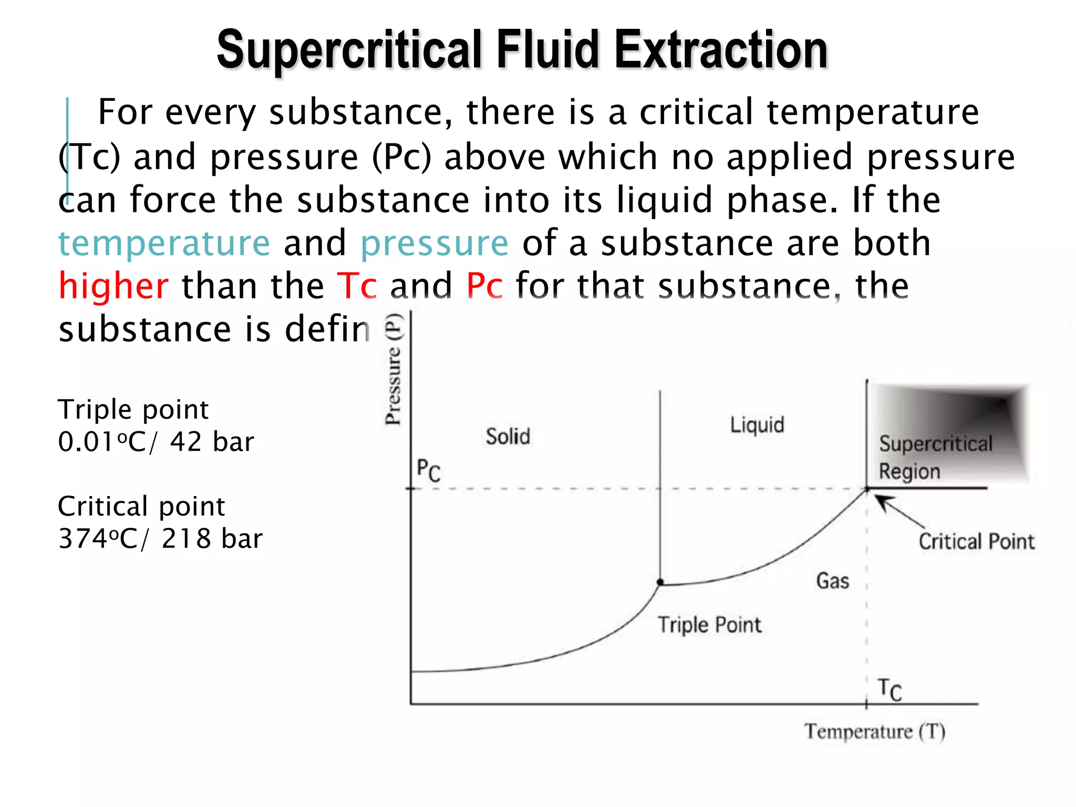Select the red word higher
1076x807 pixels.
(x=113, y=286)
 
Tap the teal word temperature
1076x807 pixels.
(x=164, y=243)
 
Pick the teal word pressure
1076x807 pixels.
(x=434, y=243)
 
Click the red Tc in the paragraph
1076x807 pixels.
(x=356, y=286)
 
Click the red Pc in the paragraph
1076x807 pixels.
(x=484, y=286)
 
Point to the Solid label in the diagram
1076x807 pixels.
(x=508, y=437)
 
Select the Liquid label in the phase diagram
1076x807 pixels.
(x=757, y=425)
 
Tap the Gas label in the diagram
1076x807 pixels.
(x=832, y=581)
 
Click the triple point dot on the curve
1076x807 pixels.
(x=660, y=582)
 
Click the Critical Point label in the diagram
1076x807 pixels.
(x=976, y=542)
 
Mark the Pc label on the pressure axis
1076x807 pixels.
(x=428, y=470)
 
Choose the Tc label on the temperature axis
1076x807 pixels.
(x=889, y=689)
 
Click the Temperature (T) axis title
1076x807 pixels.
(x=874, y=731)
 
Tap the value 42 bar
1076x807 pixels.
(x=212, y=442)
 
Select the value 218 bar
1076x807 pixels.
(x=212, y=539)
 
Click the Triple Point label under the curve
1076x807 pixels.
(x=709, y=625)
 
